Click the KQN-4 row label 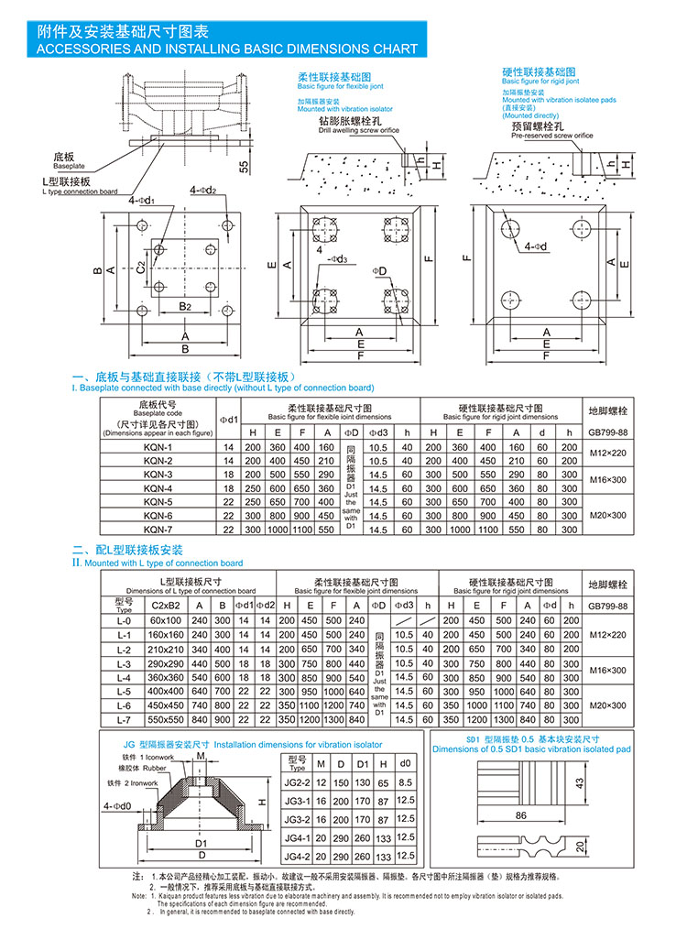point(158,488)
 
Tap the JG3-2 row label point(295,820)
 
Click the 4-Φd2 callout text point(203,191)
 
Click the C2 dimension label point(140,268)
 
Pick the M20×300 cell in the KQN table point(607,516)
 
